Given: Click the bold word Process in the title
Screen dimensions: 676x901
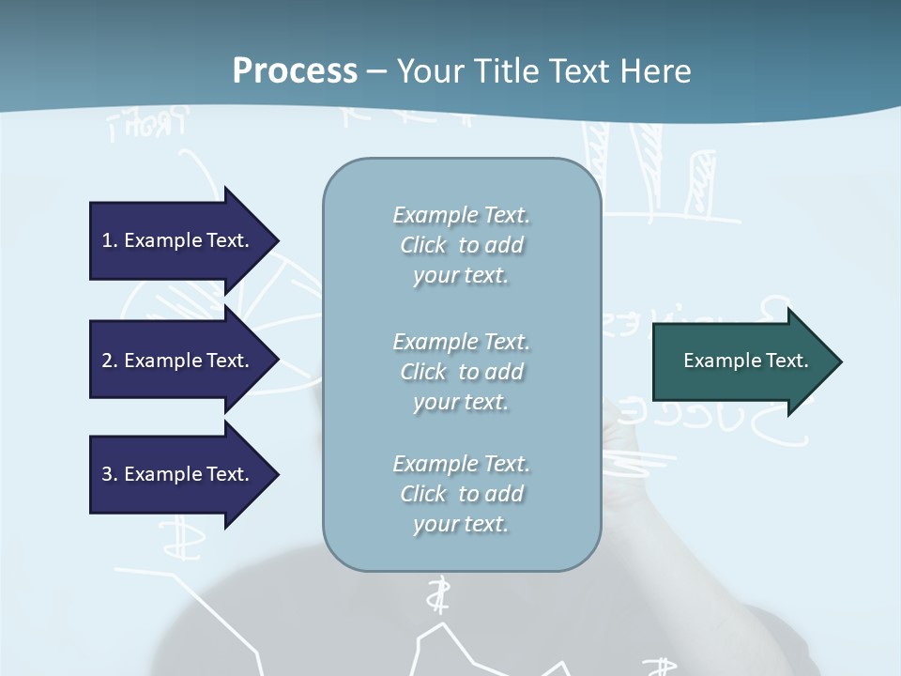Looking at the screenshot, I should (x=295, y=71).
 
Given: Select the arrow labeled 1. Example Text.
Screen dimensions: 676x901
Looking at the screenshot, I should (x=178, y=240).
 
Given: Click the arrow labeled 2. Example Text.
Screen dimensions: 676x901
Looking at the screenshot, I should (x=178, y=361).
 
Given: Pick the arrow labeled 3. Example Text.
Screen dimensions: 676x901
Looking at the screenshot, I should (x=178, y=474).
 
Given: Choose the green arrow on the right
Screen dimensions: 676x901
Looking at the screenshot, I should (x=741, y=361).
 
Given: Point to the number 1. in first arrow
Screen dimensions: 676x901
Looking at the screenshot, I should (x=110, y=240).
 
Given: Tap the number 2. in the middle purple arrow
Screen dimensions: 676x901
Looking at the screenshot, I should (x=110, y=361).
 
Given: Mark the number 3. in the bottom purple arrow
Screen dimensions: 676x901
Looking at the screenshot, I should (x=110, y=474).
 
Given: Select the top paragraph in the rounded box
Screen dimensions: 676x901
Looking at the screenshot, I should (x=461, y=245).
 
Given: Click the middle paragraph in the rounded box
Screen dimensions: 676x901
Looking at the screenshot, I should (x=461, y=372).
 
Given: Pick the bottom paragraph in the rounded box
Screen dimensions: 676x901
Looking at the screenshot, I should (x=461, y=494).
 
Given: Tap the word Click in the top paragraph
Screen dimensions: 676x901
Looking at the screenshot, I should (x=423, y=245).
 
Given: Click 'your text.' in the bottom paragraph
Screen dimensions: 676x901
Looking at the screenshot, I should (x=461, y=524).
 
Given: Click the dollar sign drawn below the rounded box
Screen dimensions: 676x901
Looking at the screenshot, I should (x=436, y=594).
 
